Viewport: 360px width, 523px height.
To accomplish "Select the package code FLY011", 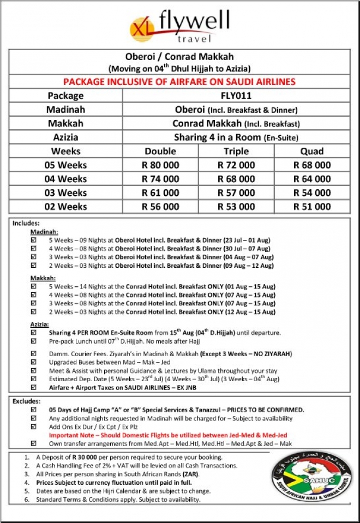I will (236, 96).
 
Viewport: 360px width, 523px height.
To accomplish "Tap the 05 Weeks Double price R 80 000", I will (160, 165).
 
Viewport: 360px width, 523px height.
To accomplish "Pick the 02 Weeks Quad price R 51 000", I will (311, 207).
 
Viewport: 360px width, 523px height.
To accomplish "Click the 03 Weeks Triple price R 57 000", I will (236, 193).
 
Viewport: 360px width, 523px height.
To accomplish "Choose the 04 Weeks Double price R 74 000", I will (160, 179).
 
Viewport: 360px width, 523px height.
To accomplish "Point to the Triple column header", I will (236, 151).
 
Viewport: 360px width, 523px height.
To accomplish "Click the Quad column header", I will (311, 151).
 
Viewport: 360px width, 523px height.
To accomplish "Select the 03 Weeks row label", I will (65, 193).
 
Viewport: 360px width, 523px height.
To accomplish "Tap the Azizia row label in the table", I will (65, 137).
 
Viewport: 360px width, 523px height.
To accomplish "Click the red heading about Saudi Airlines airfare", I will (179, 82).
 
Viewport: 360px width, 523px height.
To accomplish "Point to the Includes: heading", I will (26, 223).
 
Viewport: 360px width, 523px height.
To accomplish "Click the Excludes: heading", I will (26, 401).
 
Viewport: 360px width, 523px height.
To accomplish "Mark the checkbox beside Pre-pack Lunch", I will (34, 341).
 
